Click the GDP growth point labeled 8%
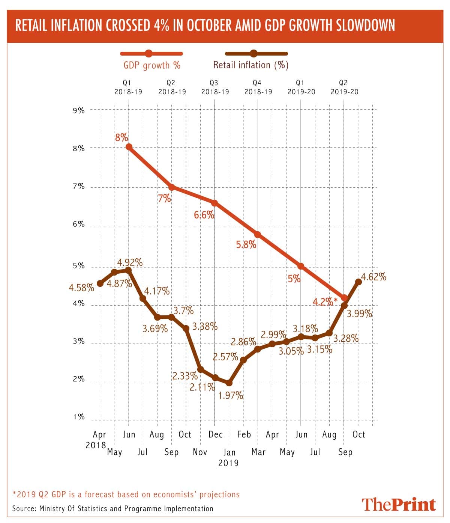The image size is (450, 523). tap(129, 147)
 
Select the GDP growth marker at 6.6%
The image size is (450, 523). tap(214, 203)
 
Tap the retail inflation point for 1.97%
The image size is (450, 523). tap(229, 383)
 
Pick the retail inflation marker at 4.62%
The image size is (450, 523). tap(358, 282)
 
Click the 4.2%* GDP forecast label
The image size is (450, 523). tap(325, 301)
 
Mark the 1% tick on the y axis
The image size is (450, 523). tap(79, 417)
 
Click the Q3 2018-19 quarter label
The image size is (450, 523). tap(214, 87)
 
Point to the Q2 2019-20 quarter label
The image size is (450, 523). tap(344, 87)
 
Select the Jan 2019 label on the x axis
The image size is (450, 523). tap(229, 457)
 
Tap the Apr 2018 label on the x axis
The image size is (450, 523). tap(98, 440)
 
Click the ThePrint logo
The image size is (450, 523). tap(399, 504)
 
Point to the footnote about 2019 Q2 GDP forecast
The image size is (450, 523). tap(126, 494)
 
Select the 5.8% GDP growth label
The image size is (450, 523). tap(246, 245)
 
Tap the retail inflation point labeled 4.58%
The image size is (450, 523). tap(100, 283)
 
